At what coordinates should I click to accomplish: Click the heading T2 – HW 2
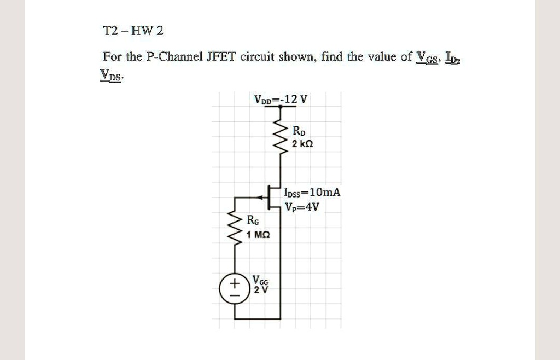click(x=133, y=31)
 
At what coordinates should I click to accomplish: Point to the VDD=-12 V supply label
click(x=281, y=100)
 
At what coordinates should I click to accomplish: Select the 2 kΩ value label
click(x=302, y=144)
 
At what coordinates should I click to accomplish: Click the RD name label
click(x=299, y=131)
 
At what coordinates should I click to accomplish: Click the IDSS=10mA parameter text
click(x=312, y=192)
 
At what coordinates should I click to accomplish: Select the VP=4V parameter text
click(x=302, y=207)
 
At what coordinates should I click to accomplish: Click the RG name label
click(x=253, y=220)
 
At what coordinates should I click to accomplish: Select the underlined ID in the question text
click(x=453, y=57)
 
